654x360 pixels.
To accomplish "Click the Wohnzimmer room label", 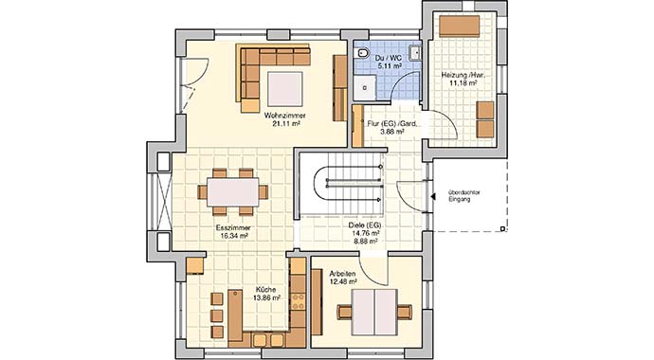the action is pos(285,116).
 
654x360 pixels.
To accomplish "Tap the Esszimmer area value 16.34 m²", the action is pos(234,236).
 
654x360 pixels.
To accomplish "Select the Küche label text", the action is pos(265,290).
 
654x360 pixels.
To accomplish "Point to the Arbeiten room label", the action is pos(342,274).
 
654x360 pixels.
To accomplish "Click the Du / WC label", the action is pos(389,59).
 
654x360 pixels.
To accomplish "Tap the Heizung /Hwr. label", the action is pos(463,76).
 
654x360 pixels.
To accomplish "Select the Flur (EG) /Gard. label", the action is pos(392,124).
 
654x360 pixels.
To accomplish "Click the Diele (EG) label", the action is pos(365,225).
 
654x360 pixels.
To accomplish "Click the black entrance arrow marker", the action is pos(434,196).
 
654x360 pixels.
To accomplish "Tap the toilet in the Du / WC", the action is pos(362,53).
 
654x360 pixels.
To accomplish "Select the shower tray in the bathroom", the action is pos(365,88).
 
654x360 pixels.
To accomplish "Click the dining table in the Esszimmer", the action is pos(233,191).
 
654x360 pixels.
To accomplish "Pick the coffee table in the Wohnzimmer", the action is pos(285,89).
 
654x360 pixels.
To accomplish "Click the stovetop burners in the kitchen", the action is pos(299,301).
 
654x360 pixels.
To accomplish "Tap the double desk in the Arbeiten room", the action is pos(374,312).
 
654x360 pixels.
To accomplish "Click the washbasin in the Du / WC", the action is pos(414,53).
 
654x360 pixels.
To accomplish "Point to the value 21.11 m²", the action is pos(286,123).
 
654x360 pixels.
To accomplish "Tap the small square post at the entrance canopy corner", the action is pos(503,228).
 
